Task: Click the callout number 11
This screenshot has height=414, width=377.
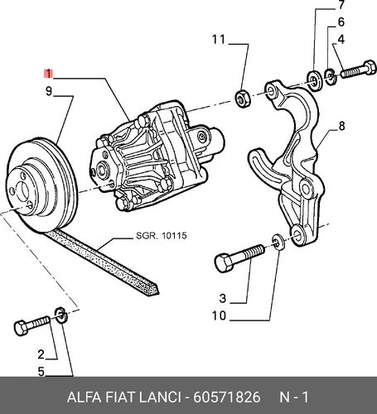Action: click(x=219, y=40)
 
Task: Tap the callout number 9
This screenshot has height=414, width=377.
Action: click(x=49, y=91)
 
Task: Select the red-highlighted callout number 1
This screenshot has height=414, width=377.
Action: click(x=48, y=74)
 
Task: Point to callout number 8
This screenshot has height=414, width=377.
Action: click(x=341, y=126)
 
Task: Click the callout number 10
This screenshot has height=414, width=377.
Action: click(x=219, y=315)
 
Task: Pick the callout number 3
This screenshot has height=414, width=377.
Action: click(x=223, y=298)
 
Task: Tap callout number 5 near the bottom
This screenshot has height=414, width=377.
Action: click(x=41, y=372)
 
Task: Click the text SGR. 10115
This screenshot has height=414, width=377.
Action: click(x=162, y=236)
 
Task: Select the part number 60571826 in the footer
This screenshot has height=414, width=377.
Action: click(x=226, y=397)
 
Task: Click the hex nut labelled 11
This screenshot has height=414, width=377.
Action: click(x=243, y=98)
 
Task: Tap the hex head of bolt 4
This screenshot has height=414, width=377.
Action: click(x=370, y=67)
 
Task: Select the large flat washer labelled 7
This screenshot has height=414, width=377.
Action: click(x=315, y=80)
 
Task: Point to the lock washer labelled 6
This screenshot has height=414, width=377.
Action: click(x=331, y=76)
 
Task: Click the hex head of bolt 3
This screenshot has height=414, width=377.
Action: click(x=224, y=262)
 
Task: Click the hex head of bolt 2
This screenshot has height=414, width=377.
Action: click(x=21, y=328)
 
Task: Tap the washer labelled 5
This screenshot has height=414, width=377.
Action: click(x=61, y=315)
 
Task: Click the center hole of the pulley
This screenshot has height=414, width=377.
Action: click(x=22, y=190)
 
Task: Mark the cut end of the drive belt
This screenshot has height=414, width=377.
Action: click(x=152, y=291)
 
